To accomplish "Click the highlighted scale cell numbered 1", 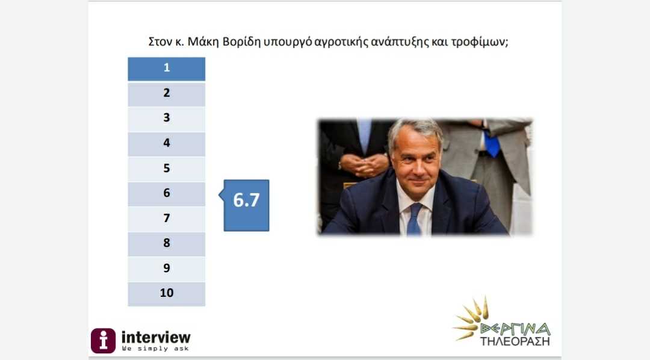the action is click(166, 69).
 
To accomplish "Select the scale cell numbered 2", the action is click(166, 94).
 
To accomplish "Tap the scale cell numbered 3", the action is click(166, 119).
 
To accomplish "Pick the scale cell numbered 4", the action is click(166, 144).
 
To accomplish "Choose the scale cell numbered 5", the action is click(166, 169).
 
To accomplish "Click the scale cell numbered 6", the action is click(166, 194).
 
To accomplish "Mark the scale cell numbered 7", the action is click(166, 219).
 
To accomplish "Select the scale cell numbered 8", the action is click(166, 244).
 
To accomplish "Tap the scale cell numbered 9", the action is click(166, 269).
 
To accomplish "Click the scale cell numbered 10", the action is click(166, 294).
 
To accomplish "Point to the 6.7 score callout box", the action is click(246, 205).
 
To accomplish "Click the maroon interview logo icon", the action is click(104, 341).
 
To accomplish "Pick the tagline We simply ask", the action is click(155, 349).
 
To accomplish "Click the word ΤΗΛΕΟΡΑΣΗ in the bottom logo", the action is click(515, 341).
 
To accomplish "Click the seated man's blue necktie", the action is click(413, 219).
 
